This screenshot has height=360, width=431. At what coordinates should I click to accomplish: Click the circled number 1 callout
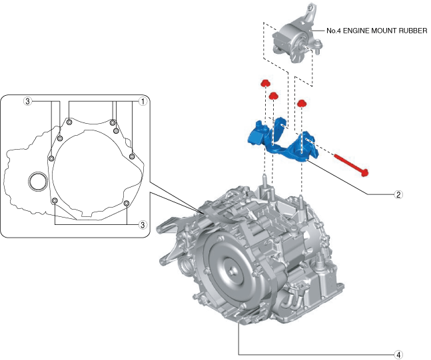pyautogui.click(x=142, y=102)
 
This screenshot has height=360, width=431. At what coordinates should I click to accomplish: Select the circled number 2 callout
pyautogui.click(x=398, y=195)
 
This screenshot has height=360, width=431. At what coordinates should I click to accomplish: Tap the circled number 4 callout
pyautogui.click(x=398, y=355)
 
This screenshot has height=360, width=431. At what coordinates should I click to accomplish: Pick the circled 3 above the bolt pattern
pyautogui.click(x=27, y=102)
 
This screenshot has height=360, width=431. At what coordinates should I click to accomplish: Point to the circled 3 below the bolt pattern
pyautogui.click(x=142, y=225)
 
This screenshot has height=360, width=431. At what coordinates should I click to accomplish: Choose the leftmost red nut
pyautogui.click(x=264, y=83)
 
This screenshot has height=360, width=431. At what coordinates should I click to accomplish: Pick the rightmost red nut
pyautogui.click(x=302, y=103)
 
